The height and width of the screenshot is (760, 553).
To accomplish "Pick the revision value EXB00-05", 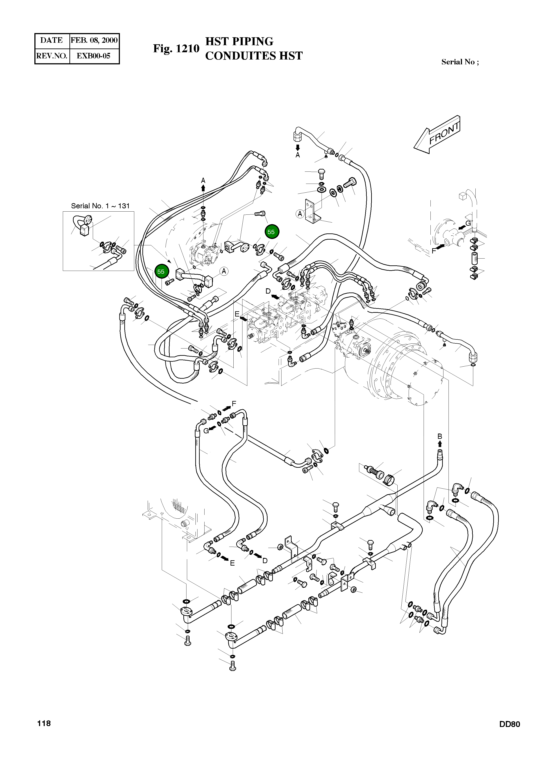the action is pyautogui.click(x=94, y=56).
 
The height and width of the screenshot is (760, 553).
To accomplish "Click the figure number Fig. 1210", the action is pyautogui.click(x=176, y=48).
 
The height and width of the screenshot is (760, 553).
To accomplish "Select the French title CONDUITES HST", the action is pyautogui.click(x=254, y=56).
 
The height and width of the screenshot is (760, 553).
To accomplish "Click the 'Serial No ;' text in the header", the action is pyautogui.click(x=460, y=62).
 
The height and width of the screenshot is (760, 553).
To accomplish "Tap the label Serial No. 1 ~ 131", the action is pyautogui.click(x=100, y=206).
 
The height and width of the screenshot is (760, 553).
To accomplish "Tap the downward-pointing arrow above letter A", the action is pyautogui.click(x=298, y=147).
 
